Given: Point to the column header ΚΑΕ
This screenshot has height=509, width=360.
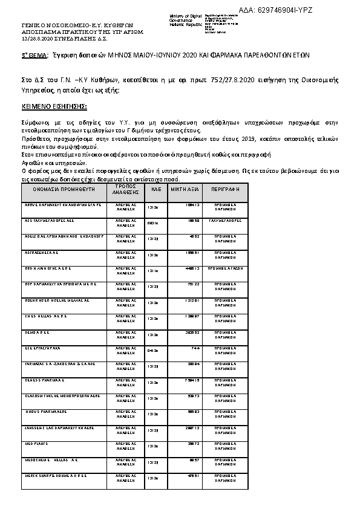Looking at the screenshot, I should [154, 189].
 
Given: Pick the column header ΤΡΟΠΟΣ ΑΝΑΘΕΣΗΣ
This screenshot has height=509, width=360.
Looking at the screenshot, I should [126, 189].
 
